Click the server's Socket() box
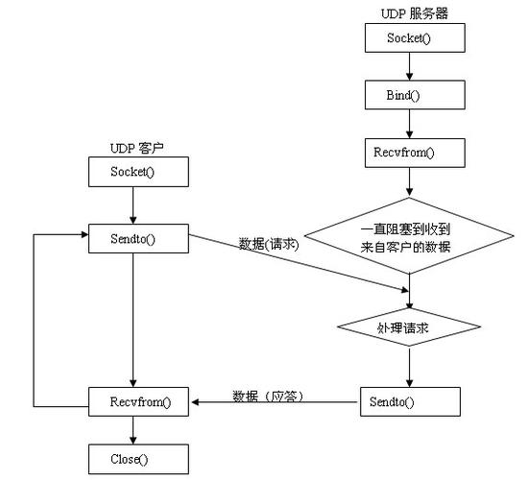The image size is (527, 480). [x=411, y=39]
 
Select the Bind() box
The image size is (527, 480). [x=411, y=96]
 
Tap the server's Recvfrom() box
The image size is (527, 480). [x=411, y=153]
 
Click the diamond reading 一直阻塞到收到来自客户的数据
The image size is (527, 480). [x=411, y=239]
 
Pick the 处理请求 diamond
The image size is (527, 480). [x=411, y=327]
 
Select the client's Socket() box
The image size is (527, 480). [x=135, y=173]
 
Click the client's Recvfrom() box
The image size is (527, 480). [x=135, y=400]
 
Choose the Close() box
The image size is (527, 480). [x=135, y=458]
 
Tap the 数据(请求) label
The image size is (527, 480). [x=270, y=245]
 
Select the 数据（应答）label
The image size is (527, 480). [x=268, y=395]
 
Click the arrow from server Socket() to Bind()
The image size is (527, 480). [x=411, y=67]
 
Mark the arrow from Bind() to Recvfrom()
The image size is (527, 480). [x=411, y=124]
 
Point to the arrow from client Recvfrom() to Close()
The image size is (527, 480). [x=135, y=429]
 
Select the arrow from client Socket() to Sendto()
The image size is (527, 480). [x=135, y=204]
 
